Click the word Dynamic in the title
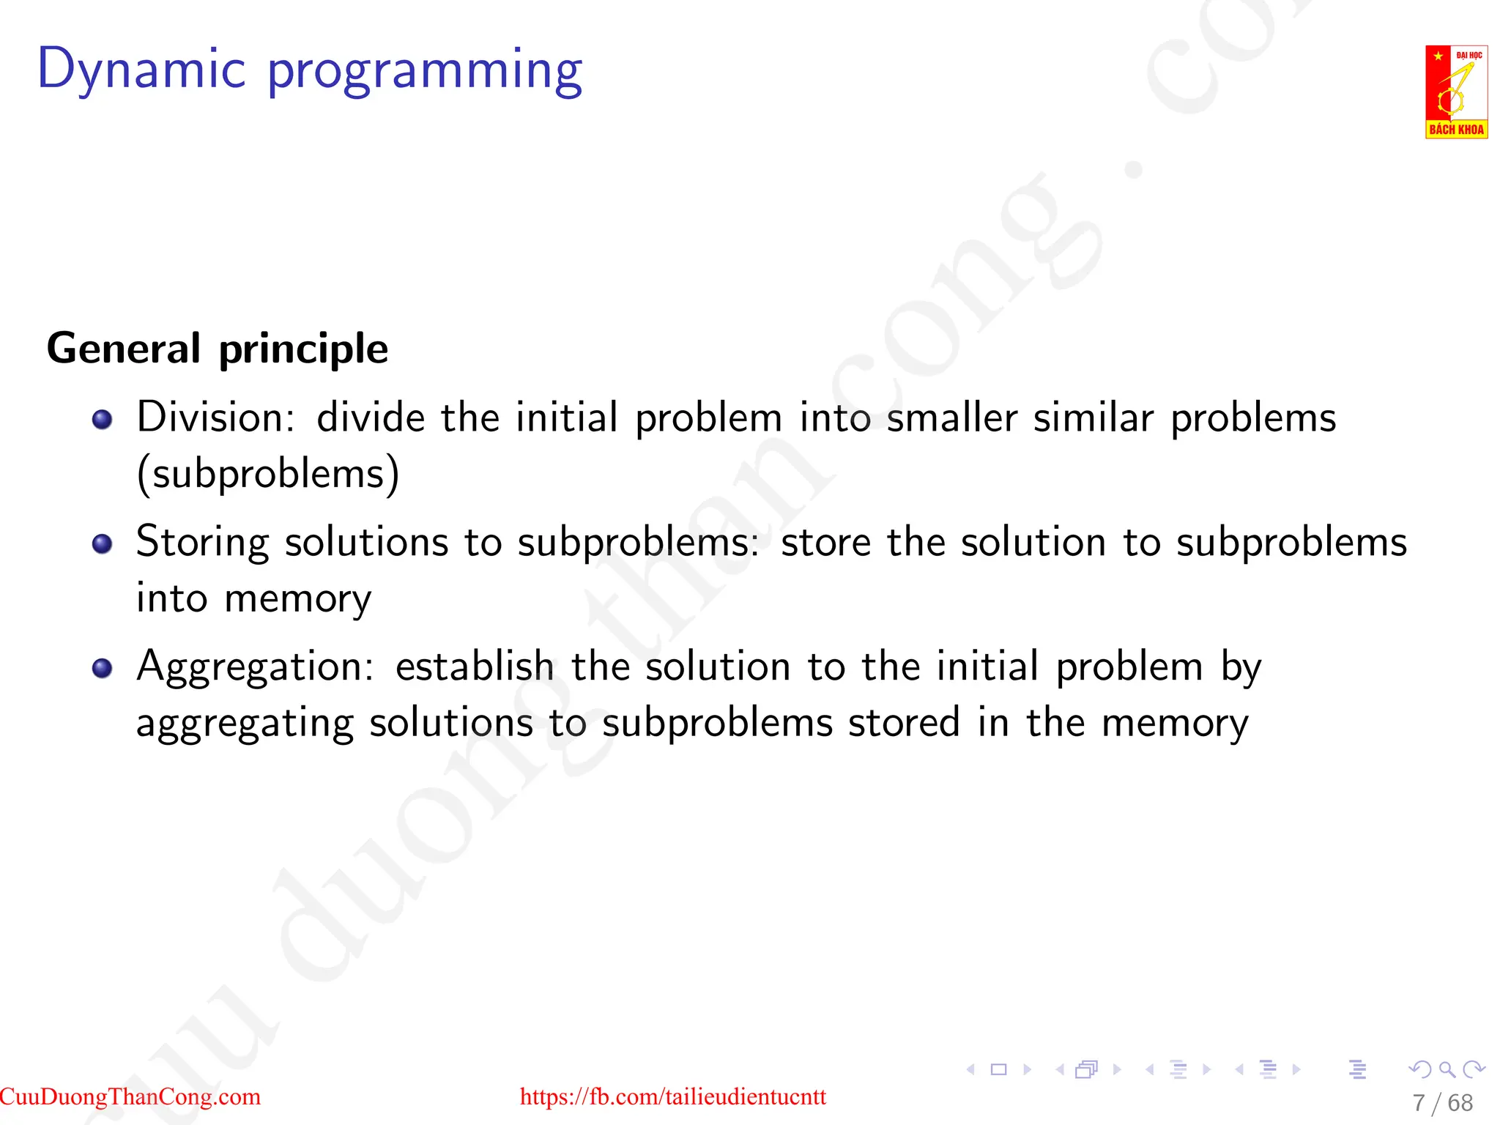point(141,70)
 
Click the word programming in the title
point(425,72)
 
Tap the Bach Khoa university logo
point(1455,92)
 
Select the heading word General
point(123,349)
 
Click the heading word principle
point(303,350)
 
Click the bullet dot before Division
point(103,419)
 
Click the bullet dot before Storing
point(103,543)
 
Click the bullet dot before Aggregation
point(103,668)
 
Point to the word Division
point(215,417)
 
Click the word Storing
point(203,543)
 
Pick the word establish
point(475,667)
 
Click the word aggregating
point(245,724)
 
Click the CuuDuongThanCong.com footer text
point(130,1096)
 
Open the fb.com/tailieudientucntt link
point(672,1096)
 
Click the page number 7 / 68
point(1442,1102)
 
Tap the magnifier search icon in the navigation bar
point(1447,1069)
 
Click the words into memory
point(253,599)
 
